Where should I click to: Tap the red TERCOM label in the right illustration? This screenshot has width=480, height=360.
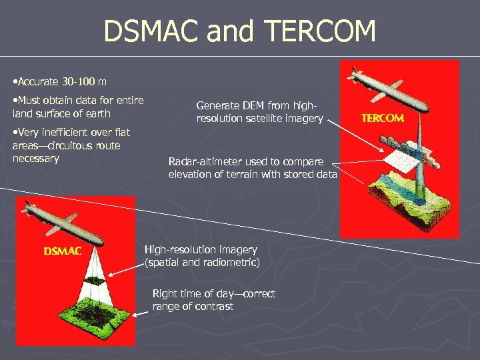382,118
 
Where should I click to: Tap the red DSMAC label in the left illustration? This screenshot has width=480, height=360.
63,251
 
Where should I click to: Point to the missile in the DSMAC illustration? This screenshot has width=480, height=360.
67,224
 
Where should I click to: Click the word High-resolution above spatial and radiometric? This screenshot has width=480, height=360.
179,249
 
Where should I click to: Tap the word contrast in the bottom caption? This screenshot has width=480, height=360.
213,307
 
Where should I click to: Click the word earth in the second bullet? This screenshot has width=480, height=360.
98,113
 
